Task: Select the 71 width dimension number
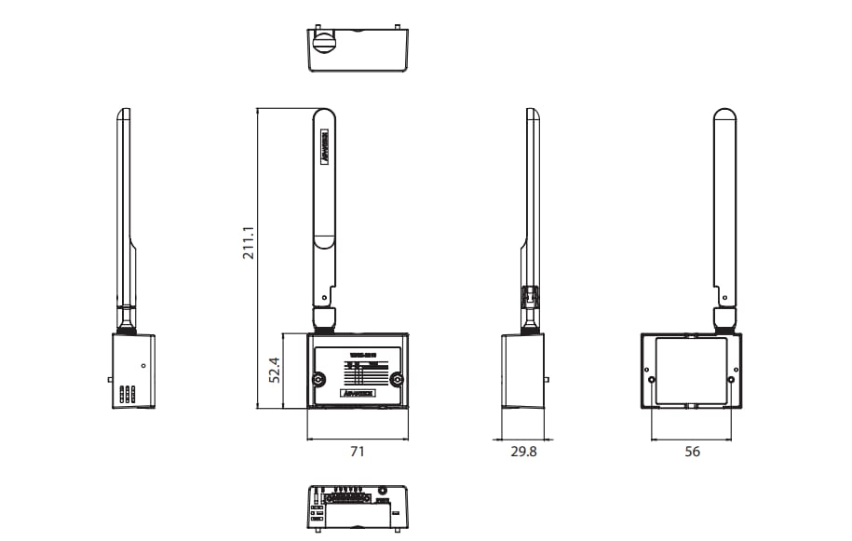click(x=357, y=452)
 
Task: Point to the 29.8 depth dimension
click(x=522, y=452)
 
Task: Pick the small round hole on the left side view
click(x=143, y=366)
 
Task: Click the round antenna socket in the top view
click(x=323, y=41)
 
